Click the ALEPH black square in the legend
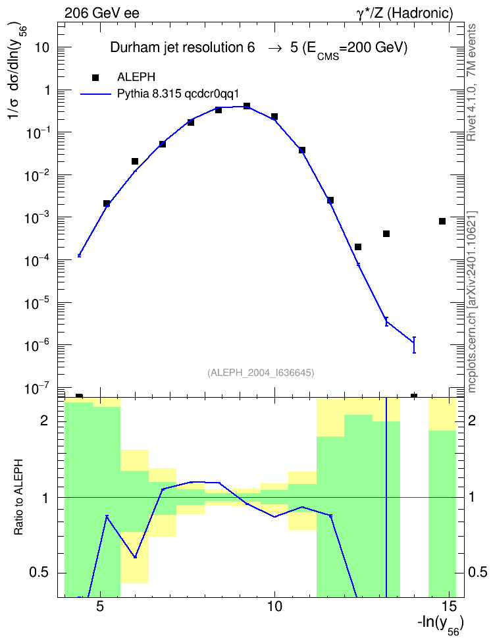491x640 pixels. click(95, 78)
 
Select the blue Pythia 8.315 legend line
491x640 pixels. click(95, 94)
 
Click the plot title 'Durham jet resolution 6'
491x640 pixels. click(182, 48)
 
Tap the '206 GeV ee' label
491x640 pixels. click(101, 13)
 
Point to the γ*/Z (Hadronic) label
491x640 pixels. click(405, 13)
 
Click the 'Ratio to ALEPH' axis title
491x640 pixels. click(18, 497)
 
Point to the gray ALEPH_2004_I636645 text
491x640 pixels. click(261, 372)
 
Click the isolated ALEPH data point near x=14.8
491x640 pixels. click(442, 221)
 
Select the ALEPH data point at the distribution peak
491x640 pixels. click(247, 106)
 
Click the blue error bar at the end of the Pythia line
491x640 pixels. click(414, 345)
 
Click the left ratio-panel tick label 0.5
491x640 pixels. click(39, 573)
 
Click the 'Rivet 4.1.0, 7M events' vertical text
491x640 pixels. click(471, 82)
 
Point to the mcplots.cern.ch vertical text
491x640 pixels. click(472, 302)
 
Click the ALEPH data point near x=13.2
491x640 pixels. click(386, 234)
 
